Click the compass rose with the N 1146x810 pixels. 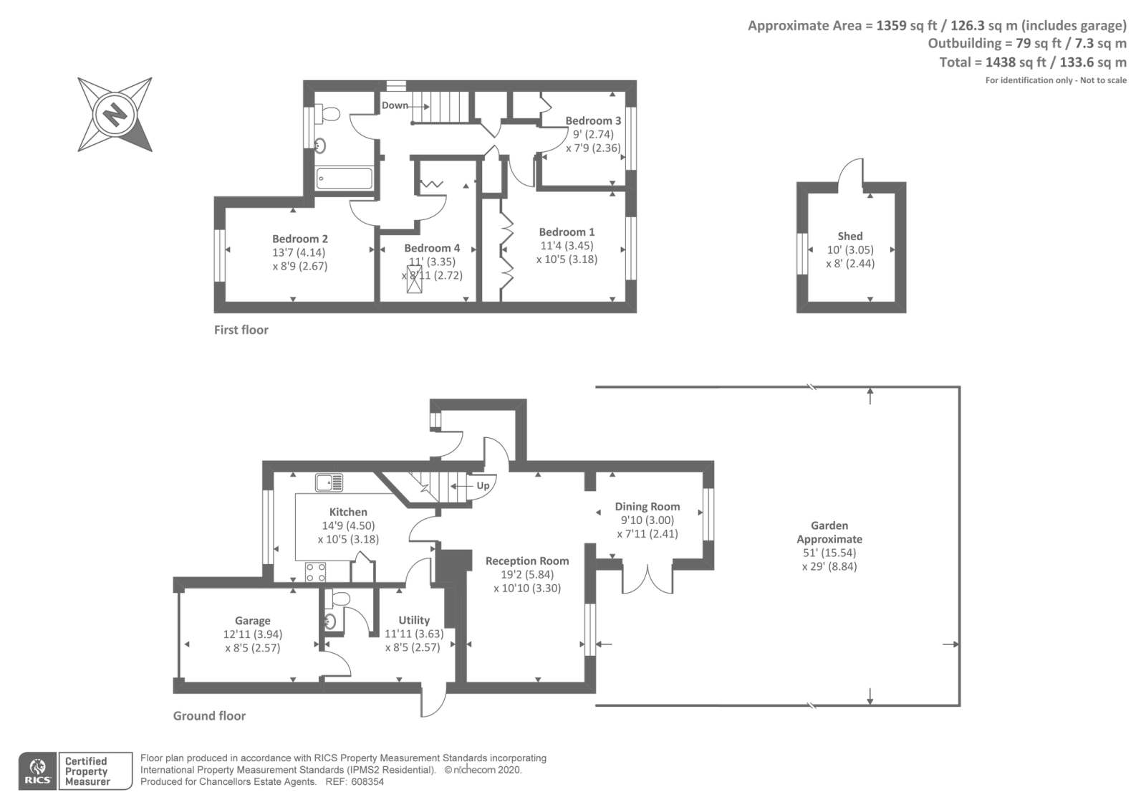point(115,114)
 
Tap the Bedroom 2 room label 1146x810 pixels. point(300,239)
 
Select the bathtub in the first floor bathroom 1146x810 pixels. point(344,178)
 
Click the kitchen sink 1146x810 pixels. point(329,482)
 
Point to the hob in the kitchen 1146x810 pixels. point(316,572)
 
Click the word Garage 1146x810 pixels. point(253,621)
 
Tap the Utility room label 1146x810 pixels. point(414,620)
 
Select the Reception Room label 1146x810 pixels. point(527,561)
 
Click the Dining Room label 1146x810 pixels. point(647,506)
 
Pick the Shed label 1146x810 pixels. point(850,236)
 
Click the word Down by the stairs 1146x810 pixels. point(395,105)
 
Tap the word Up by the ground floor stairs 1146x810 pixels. point(483,485)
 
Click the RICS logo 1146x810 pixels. point(38,771)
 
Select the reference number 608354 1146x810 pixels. point(365,782)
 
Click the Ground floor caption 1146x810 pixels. point(209,715)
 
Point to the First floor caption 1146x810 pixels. point(241,330)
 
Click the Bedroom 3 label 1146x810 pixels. point(593,120)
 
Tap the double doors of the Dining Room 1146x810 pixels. point(647,579)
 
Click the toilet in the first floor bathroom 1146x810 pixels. point(329,114)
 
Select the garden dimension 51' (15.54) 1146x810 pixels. point(829,553)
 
